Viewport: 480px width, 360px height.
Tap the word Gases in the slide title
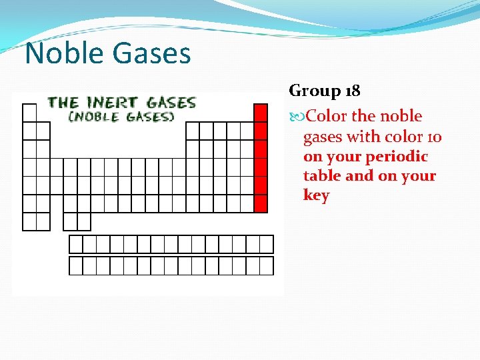coord(154,53)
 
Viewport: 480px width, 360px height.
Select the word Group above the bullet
coord(315,91)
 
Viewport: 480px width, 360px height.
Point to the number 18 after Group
coord(351,91)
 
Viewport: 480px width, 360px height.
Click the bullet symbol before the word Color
coord(297,117)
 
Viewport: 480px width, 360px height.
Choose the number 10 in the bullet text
coord(433,137)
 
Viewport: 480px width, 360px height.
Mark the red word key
coord(316,195)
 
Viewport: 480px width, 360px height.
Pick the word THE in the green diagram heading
coord(63,103)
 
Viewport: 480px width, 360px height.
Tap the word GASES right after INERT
coord(171,103)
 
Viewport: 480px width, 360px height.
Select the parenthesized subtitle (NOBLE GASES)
coord(121,117)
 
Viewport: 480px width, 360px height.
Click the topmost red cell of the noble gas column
coord(261,113)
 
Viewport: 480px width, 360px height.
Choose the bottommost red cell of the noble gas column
coord(261,203)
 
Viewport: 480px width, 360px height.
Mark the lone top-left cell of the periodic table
coord(29,113)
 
